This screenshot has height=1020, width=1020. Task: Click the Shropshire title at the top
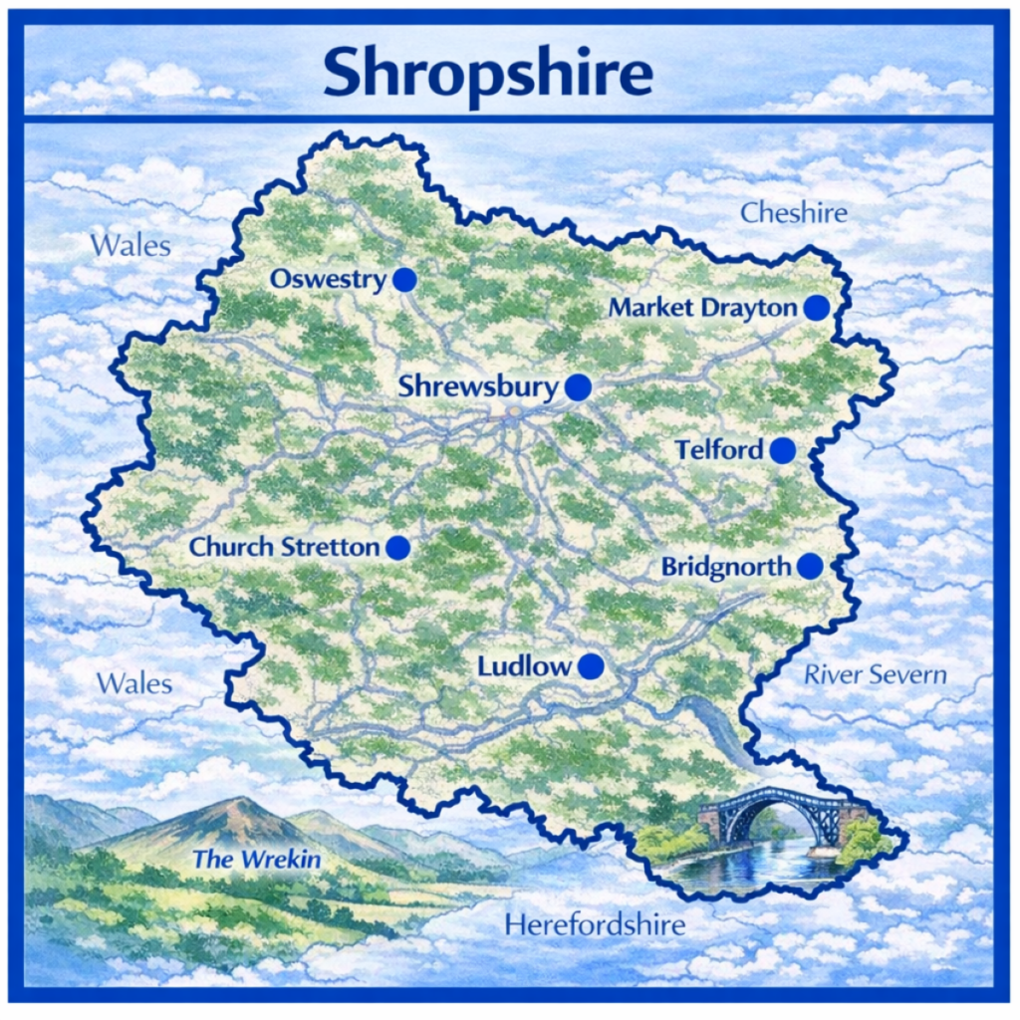click(x=487, y=73)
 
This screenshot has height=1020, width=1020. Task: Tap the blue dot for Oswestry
click(x=404, y=280)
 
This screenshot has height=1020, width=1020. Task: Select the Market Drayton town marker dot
click(x=817, y=308)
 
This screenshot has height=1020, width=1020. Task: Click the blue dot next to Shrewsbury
click(x=578, y=387)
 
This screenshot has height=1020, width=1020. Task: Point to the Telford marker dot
click(x=783, y=450)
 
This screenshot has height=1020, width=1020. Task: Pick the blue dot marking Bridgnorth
click(x=810, y=566)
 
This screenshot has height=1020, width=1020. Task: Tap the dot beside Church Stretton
click(x=398, y=547)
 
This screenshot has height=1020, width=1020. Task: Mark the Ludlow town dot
click(x=592, y=666)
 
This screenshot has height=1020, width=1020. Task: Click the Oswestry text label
click(x=328, y=280)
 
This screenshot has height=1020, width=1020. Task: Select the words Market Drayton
click(x=703, y=308)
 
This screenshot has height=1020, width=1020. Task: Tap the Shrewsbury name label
click(x=478, y=386)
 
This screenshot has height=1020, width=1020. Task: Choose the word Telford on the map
click(x=719, y=450)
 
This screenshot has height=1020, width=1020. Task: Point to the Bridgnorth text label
click(x=726, y=567)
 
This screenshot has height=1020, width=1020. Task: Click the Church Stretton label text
click(x=285, y=547)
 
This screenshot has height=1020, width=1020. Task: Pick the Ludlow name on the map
click(x=521, y=665)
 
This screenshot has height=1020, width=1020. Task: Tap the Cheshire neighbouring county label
click(x=794, y=212)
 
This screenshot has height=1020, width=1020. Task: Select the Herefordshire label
click(x=595, y=924)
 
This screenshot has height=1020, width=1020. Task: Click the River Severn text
click(x=875, y=674)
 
